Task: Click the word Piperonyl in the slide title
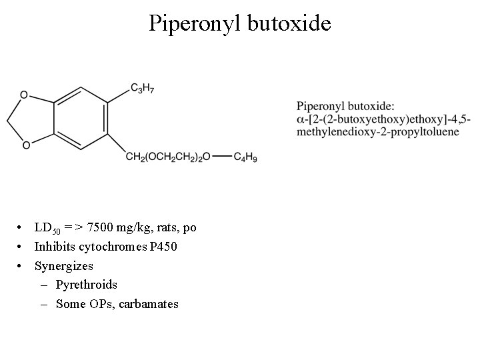coord(194,24)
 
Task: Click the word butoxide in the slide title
coord(289,24)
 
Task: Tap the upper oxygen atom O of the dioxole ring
coord(24,95)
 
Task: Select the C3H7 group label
coord(141,89)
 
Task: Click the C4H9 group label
coord(245,157)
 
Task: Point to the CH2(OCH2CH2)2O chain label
coord(169,157)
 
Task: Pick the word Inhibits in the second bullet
coord(55,247)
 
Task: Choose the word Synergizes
coord(64,266)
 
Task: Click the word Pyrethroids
coord(87,285)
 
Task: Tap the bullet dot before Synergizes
coord(22,266)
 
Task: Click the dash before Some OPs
coord(44,303)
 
